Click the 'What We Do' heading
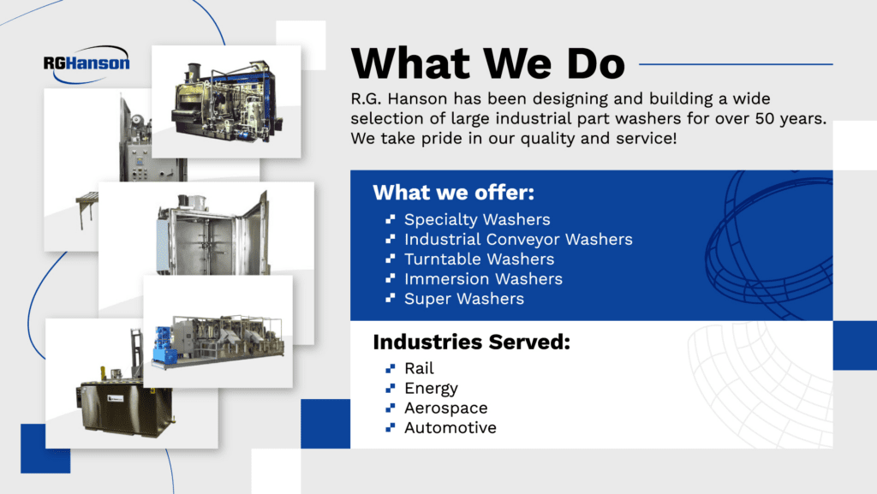(x=488, y=63)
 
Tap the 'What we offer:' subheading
(x=454, y=193)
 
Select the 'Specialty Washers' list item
(x=477, y=220)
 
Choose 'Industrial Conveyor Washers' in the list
(x=518, y=240)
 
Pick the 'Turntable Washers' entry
(x=479, y=259)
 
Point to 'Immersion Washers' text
(x=483, y=279)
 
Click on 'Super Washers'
(x=464, y=299)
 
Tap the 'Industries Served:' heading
(x=471, y=343)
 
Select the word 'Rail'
(x=419, y=369)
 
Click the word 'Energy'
(x=431, y=389)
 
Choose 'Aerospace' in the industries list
(x=445, y=408)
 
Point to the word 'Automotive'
(x=450, y=428)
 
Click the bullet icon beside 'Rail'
(x=391, y=369)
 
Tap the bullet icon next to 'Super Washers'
(x=391, y=299)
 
